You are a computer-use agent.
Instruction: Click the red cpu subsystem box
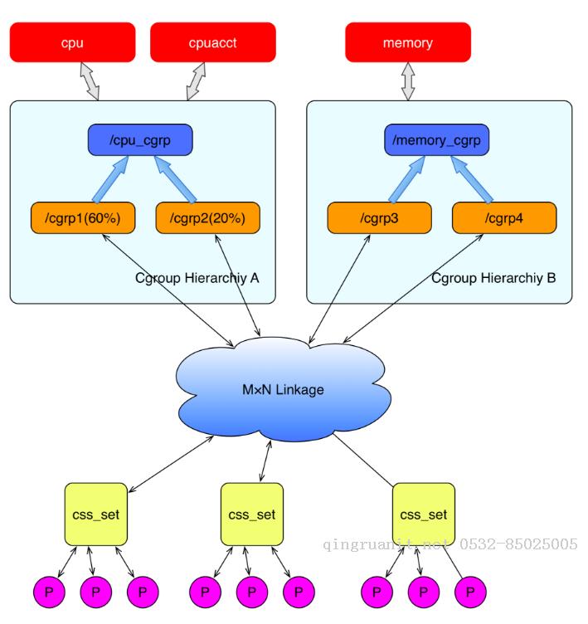pyautogui.click(x=72, y=42)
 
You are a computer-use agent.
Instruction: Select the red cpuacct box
pyautogui.click(x=213, y=42)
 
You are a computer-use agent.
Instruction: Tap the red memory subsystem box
pyautogui.click(x=408, y=42)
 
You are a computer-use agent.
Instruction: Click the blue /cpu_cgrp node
pyautogui.click(x=140, y=140)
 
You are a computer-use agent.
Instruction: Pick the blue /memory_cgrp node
pyautogui.click(x=437, y=140)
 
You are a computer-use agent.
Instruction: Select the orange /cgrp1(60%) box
pyautogui.click(x=83, y=218)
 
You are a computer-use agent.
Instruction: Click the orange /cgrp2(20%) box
pyautogui.click(x=207, y=218)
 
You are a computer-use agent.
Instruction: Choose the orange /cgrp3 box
pyautogui.click(x=380, y=218)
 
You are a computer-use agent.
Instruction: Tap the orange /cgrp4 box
pyautogui.click(x=504, y=218)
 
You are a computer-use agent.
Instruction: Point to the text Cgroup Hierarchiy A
pyautogui.click(x=197, y=278)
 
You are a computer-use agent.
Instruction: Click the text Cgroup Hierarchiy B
pyautogui.click(x=493, y=278)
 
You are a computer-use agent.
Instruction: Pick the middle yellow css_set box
pyautogui.click(x=252, y=514)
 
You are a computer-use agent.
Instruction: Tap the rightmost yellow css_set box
pyautogui.click(x=424, y=514)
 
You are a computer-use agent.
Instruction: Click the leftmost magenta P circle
pyautogui.click(x=49, y=592)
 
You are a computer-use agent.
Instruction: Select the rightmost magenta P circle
pyautogui.click(x=470, y=592)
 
